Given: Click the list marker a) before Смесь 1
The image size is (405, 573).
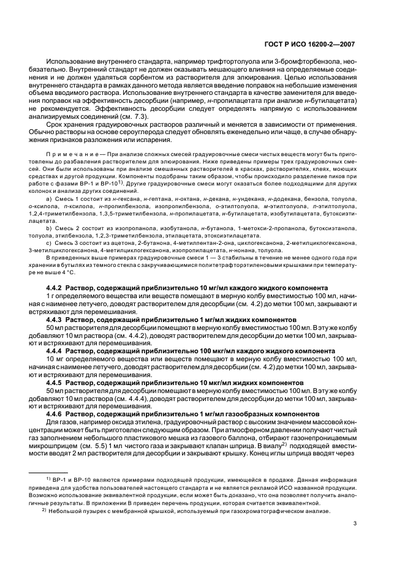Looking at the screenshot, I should tap(49, 217).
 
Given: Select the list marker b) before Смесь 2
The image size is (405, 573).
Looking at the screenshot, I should tap(49, 244).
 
